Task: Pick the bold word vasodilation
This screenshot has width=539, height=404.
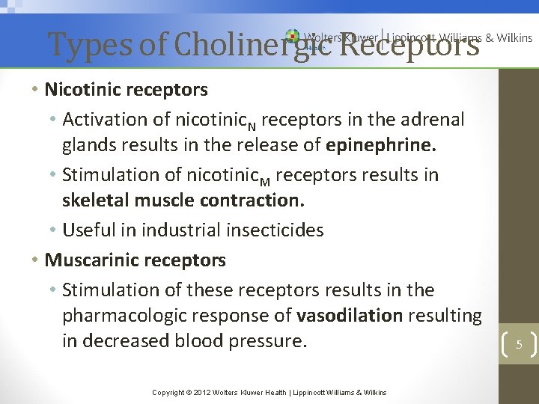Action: point(350,316)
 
